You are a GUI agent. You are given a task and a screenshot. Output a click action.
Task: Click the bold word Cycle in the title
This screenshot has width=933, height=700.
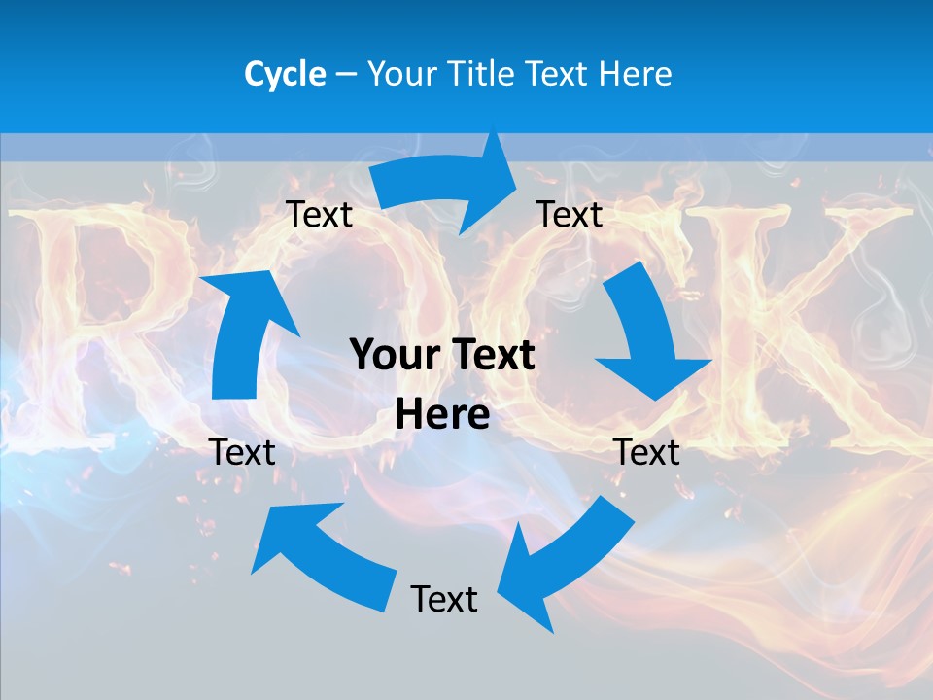285,74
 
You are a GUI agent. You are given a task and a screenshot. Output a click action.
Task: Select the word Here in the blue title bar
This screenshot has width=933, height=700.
636,74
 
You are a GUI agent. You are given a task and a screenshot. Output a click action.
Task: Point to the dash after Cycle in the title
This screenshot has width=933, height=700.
346,75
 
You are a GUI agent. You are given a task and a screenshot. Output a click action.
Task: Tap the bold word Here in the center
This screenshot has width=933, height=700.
442,415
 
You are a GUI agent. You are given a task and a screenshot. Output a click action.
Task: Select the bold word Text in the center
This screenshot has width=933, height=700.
492,355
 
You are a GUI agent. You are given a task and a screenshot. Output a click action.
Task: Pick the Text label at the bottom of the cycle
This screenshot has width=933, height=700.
444,599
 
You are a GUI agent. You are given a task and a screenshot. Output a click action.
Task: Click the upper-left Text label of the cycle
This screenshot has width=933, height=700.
319,214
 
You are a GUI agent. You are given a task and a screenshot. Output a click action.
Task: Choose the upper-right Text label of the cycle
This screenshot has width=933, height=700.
570,214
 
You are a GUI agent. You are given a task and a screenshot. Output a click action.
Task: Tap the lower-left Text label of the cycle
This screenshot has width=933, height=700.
242,452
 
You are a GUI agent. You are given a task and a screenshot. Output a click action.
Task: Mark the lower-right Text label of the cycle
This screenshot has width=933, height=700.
647,452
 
